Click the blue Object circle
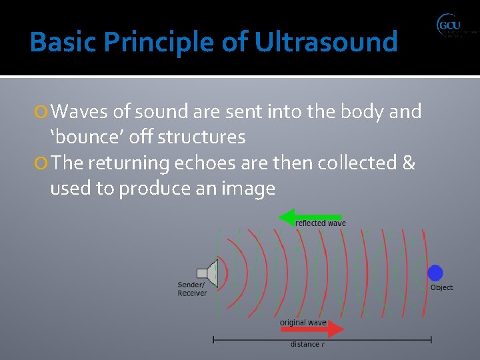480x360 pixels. (435, 273)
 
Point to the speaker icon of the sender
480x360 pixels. (208, 273)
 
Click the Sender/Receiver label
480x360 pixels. (192, 289)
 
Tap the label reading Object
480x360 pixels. (441, 287)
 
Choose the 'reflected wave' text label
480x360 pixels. (320, 223)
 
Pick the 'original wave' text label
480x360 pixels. (303, 323)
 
